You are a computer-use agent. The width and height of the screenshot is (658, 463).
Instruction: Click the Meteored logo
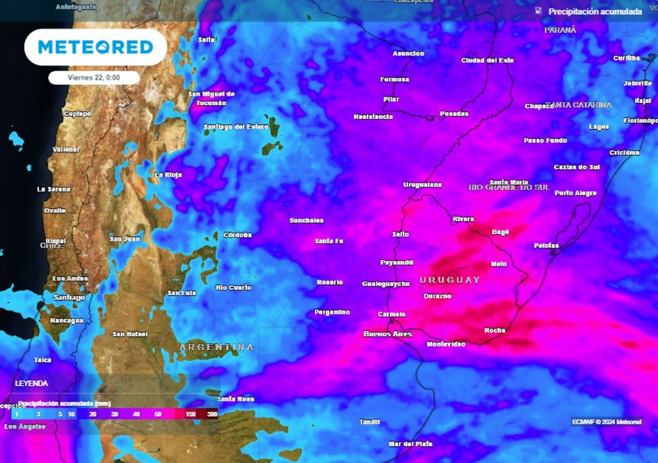[95, 47]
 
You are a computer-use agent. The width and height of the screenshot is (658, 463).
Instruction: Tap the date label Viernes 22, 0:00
[94, 77]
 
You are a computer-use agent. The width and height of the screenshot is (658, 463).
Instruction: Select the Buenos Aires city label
[387, 334]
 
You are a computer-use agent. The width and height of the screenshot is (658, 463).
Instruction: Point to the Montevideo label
[446, 345]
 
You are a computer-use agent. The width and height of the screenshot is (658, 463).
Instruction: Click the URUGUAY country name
[450, 280]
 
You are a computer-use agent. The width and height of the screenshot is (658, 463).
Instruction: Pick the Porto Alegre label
[575, 193]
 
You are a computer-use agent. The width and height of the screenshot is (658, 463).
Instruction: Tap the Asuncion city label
[408, 53]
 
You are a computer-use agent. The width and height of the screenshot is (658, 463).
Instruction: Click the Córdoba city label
[237, 235]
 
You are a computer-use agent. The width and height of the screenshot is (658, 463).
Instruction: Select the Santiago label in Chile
[69, 298]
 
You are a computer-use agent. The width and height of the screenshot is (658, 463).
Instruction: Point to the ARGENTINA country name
[216, 347]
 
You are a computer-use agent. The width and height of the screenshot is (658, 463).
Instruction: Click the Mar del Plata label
[410, 444]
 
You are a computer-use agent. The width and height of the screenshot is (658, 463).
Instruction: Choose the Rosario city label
[330, 282]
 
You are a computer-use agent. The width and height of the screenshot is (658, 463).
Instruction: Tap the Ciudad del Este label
[487, 60]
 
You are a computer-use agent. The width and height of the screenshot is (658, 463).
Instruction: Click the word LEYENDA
[31, 383]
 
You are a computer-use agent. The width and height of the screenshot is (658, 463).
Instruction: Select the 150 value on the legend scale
[191, 415]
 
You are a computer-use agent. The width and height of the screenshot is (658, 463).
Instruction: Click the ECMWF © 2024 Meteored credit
[607, 422]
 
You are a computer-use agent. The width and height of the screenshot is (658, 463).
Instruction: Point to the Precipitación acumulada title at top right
[594, 12]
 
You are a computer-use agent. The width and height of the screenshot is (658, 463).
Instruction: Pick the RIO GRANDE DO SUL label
[509, 187]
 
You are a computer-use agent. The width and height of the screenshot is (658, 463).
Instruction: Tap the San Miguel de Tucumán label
[211, 98]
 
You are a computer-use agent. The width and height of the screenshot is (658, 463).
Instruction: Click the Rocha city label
[495, 331]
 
